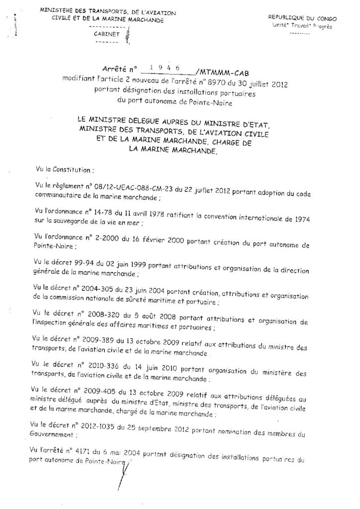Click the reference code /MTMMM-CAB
pyautogui.click(x=223, y=70)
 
